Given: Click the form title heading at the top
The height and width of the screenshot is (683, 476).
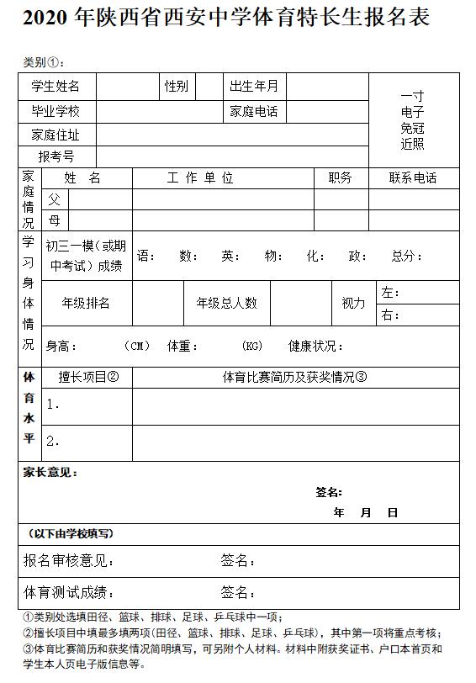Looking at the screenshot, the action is (226, 19).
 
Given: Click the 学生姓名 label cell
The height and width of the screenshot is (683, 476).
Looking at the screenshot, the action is (56, 86).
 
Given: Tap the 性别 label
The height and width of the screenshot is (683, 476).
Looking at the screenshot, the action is (177, 86).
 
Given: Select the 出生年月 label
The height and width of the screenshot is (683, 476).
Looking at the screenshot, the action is (254, 86).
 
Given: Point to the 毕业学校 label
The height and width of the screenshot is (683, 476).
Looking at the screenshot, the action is (56, 111).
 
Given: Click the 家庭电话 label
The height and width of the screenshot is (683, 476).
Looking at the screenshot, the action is (254, 111).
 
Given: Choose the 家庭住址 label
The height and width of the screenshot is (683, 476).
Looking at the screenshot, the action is (56, 135).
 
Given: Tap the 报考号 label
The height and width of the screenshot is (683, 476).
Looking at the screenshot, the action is (56, 156).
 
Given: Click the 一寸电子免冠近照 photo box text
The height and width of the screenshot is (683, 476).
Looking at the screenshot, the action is (413, 120).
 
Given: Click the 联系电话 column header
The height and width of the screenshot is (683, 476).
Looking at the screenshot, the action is (413, 178).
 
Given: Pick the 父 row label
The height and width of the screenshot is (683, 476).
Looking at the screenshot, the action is (55, 199).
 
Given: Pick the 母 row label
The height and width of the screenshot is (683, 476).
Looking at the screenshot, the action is (55, 220).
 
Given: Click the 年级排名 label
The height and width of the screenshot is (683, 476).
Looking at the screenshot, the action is (86, 303).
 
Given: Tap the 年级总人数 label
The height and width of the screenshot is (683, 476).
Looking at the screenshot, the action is (227, 303).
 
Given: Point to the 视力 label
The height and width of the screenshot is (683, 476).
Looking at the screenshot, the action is (353, 303).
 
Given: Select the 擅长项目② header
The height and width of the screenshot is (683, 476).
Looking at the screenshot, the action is (88, 377).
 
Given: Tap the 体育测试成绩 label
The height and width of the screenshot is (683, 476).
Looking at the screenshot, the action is (69, 592).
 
